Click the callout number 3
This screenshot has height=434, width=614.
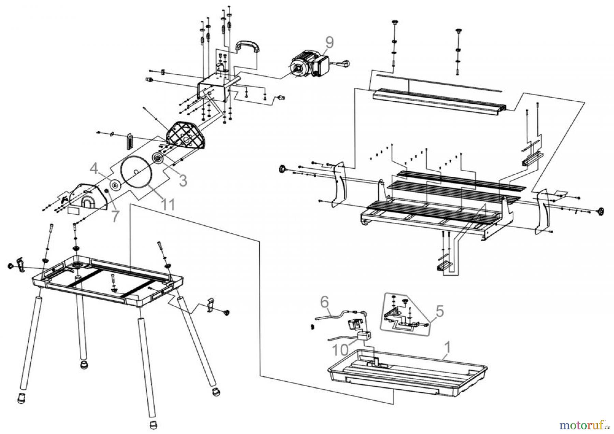click(x=183, y=180)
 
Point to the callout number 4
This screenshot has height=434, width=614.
click(x=94, y=168)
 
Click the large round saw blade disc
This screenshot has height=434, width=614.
click(x=136, y=172)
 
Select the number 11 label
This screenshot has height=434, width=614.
click(x=168, y=205)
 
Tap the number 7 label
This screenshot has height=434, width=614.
click(x=115, y=217)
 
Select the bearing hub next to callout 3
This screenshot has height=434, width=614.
click(x=158, y=159)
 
